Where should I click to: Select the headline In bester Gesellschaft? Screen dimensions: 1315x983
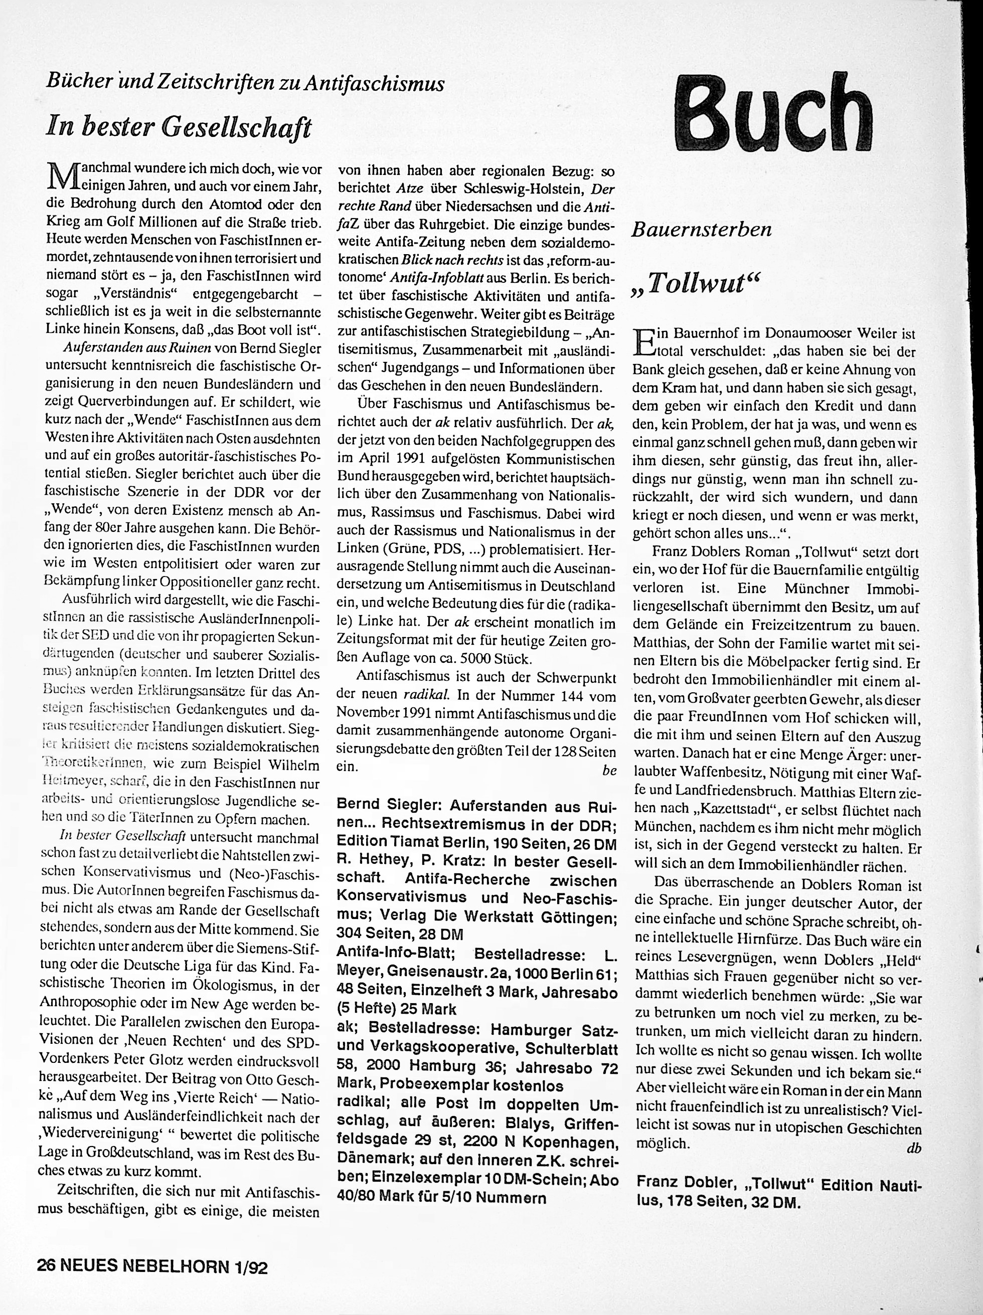click(179, 127)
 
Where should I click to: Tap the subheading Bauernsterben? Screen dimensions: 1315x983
click(701, 230)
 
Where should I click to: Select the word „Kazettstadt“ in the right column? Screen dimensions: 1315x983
click(733, 811)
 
